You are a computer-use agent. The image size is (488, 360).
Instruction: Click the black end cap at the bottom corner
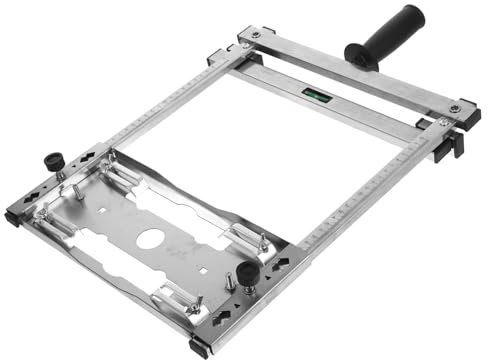point(200,348)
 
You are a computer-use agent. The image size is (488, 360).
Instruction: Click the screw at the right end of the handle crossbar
point(456,107)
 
